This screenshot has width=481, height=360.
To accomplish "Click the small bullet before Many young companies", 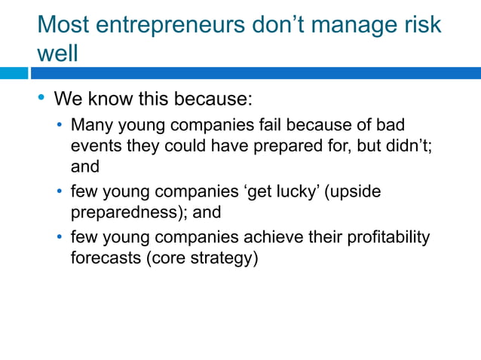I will point(61,124).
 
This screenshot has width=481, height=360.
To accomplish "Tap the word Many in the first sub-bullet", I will point(90,124).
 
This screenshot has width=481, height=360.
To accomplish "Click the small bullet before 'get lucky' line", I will point(61,192).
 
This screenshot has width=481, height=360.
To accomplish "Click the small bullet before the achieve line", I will point(61,239).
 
